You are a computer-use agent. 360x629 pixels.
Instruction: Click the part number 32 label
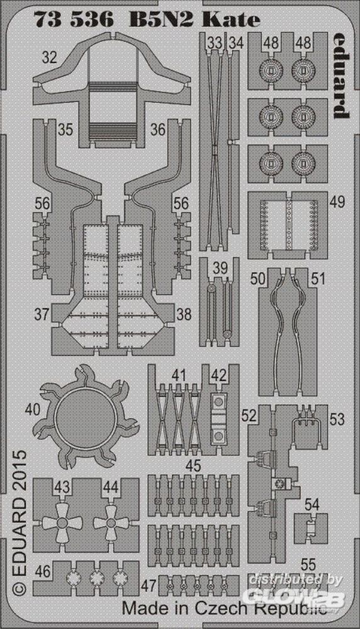[x=49, y=58]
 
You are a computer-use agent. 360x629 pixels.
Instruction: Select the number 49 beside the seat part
[x=337, y=202]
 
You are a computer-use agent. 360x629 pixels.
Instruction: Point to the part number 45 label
[x=193, y=466]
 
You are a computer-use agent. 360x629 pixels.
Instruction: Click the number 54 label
[x=312, y=504]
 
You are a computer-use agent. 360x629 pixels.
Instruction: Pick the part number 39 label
[x=220, y=268]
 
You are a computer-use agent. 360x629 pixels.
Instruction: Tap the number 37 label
[x=42, y=314]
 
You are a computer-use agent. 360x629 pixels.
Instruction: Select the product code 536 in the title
[x=93, y=19]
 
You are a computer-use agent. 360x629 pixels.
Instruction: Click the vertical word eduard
[x=342, y=75]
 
